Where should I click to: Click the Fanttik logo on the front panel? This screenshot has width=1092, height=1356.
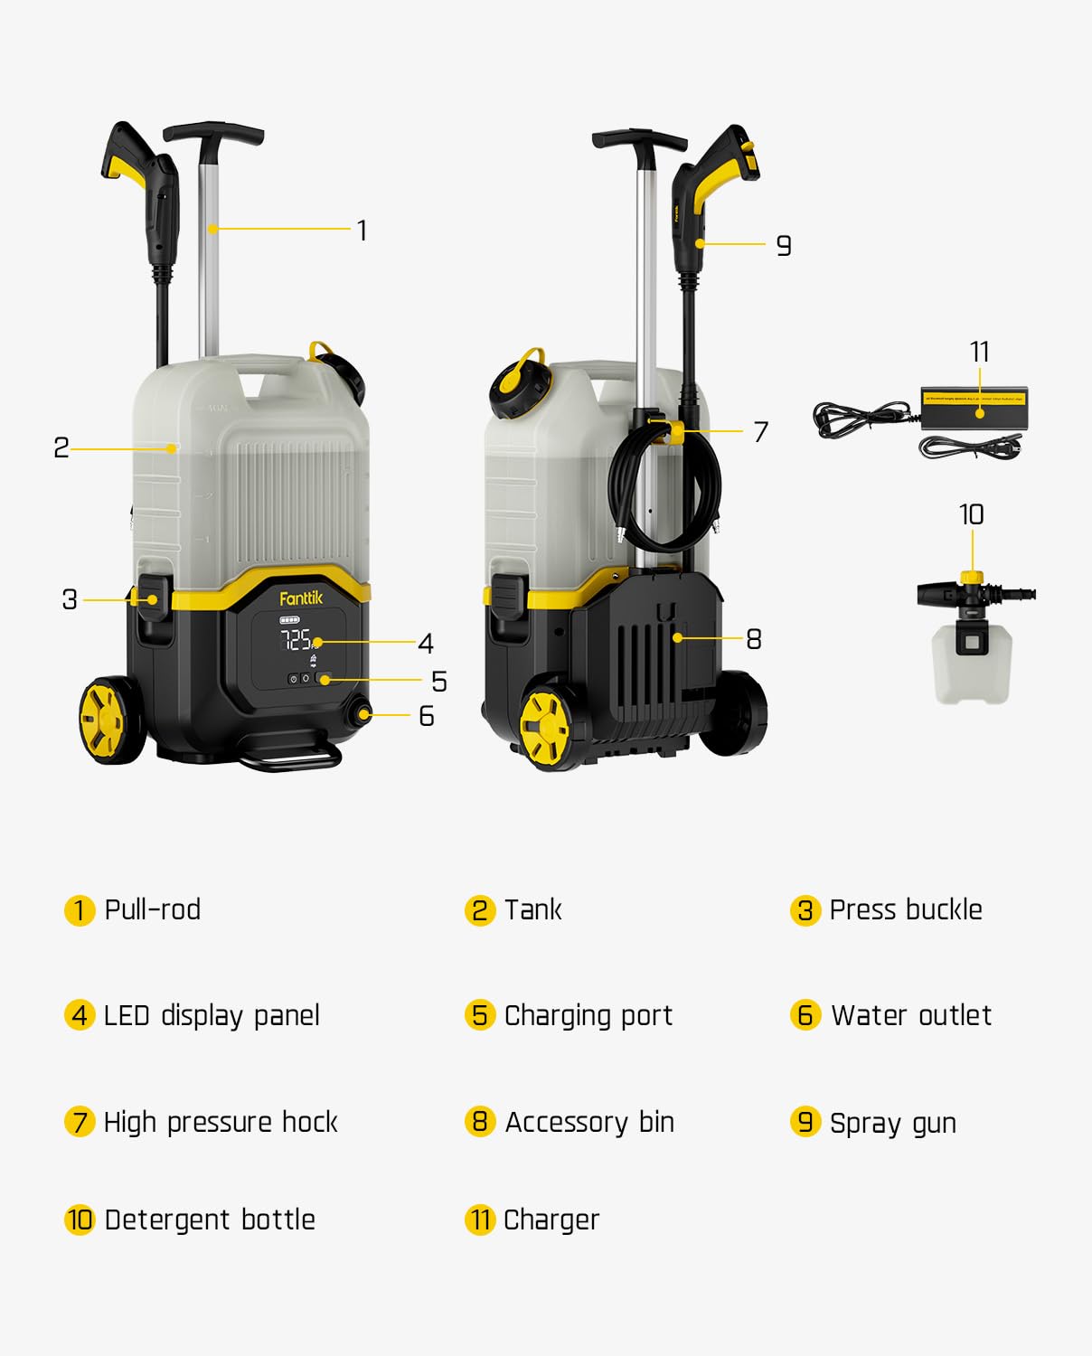(x=301, y=598)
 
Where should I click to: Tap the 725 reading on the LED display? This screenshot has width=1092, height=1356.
(x=296, y=639)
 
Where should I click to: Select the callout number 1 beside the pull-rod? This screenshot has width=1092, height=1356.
(x=362, y=230)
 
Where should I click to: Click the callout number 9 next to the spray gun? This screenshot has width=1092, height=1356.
(x=783, y=245)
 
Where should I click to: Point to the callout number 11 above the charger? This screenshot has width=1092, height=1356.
(x=979, y=352)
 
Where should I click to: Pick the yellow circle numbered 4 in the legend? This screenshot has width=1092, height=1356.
(x=80, y=1014)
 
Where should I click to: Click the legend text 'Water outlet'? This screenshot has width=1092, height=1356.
(x=910, y=1015)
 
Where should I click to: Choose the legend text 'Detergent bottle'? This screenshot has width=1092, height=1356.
(x=210, y=1219)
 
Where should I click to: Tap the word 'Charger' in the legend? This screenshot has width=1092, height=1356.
(x=551, y=1220)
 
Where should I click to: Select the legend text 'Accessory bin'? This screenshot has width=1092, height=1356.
(x=589, y=1122)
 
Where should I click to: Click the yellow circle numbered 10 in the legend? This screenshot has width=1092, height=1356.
(x=80, y=1219)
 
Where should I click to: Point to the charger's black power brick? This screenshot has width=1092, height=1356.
(x=974, y=409)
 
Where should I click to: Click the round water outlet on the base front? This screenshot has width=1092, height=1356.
(x=362, y=713)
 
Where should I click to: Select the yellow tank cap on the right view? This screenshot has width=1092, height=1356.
(x=521, y=381)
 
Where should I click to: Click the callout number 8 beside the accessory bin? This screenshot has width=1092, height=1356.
(x=754, y=639)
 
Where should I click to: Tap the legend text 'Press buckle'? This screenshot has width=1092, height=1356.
(x=906, y=910)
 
